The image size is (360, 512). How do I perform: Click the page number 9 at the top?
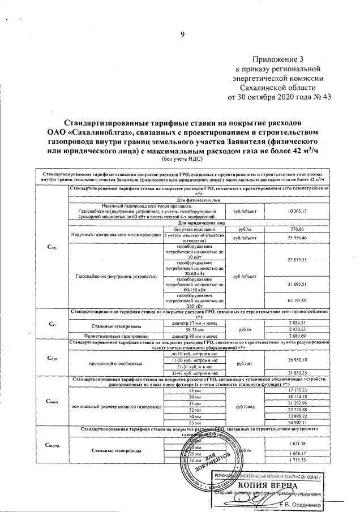point(182,35)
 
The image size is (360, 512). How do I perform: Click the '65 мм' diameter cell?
point(194,422)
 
